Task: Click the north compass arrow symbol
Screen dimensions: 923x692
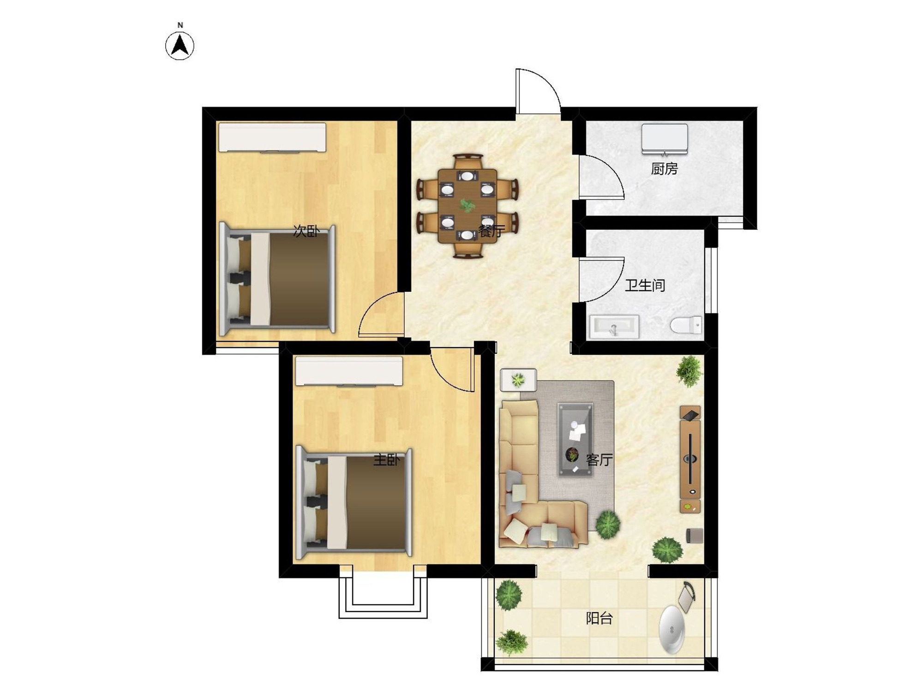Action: tap(180, 46)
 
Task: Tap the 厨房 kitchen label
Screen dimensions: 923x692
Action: tap(664, 169)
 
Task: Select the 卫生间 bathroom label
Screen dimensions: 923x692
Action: tap(645, 285)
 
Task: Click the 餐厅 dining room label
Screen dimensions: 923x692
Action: tap(491, 231)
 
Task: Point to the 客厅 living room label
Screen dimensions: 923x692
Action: tap(599, 459)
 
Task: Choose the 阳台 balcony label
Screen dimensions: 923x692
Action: tap(599, 618)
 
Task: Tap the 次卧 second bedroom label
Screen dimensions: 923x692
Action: tap(306, 231)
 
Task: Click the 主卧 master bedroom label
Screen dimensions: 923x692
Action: tap(386, 459)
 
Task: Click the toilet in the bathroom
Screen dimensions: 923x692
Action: tap(686, 325)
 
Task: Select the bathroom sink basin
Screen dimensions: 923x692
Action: tap(614, 327)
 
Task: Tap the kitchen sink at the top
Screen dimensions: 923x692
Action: tap(664, 139)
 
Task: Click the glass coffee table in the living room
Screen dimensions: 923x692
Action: tap(575, 439)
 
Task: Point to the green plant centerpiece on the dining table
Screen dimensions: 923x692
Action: tap(467, 205)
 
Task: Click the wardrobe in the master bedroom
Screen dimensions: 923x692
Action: tap(349, 371)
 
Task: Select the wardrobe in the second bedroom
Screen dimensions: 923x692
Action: tap(272, 137)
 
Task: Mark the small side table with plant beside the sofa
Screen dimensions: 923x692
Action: tap(518, 380)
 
